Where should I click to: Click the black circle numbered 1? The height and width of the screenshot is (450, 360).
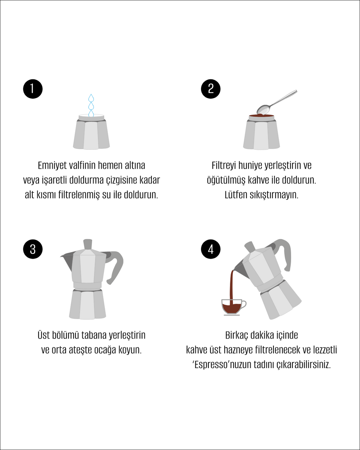(33, 89)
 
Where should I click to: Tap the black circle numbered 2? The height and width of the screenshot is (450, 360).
(211, 89)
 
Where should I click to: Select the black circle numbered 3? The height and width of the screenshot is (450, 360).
(33, 249)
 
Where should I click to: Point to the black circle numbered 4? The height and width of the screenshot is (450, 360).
(211, 249)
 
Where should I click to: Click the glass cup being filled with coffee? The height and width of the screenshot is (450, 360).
(233, 307)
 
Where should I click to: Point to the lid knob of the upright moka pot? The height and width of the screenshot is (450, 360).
(88, 244)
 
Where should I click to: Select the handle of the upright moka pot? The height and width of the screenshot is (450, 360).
(114, 266)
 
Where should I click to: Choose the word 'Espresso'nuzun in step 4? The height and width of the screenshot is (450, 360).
(221, 365)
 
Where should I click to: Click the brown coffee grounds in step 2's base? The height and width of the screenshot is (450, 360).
(262, 115)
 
